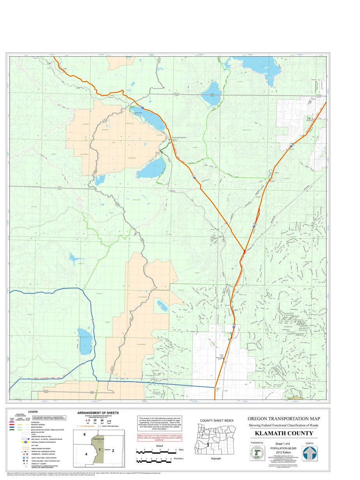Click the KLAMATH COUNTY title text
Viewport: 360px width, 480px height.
[284, 433]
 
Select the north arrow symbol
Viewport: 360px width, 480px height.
[310, 453]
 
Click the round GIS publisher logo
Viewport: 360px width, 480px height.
[257, 453]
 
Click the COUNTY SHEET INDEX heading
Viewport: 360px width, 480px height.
[216, 420]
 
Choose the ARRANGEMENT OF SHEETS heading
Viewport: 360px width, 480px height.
[98, 413]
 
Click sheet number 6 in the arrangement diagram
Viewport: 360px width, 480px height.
[84, 434]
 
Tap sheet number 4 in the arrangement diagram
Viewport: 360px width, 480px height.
[86, 454]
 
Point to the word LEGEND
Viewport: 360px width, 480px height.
[33, 412]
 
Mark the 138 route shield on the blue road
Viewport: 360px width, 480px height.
[92, 320]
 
